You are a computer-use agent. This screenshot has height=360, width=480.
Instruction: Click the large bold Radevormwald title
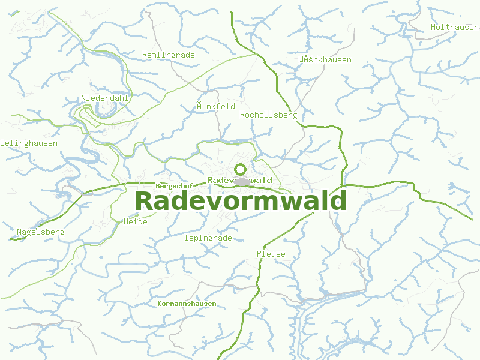coord(241,201)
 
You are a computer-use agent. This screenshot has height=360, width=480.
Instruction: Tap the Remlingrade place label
coord(169,55)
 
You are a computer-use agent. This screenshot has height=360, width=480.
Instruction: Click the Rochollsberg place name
coord(268,115)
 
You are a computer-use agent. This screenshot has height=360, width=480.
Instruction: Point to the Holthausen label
coord(455,27)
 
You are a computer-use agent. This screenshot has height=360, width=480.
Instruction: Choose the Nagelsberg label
coord(40,232)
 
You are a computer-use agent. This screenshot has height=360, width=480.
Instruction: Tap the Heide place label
coord(135,221)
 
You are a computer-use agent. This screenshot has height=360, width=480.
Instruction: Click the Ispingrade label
coord(208,238)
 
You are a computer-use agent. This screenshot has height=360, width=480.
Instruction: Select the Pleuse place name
coord(271,254)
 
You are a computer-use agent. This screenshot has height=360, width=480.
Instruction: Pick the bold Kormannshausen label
coord(187,304)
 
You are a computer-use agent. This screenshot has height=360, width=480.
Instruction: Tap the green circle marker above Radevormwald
coord(241,169)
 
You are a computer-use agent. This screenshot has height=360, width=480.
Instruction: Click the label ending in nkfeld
coord(216,106)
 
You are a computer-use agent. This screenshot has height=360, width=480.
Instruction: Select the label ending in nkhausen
coord(325,59)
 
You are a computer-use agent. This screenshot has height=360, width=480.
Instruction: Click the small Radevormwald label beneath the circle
coord(239,180)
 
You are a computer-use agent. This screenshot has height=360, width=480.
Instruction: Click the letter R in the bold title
coord(144,201)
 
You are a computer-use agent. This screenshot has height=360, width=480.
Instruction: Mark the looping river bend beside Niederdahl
coord(106,110)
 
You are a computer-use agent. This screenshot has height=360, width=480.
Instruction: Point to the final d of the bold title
coord(339,201)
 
